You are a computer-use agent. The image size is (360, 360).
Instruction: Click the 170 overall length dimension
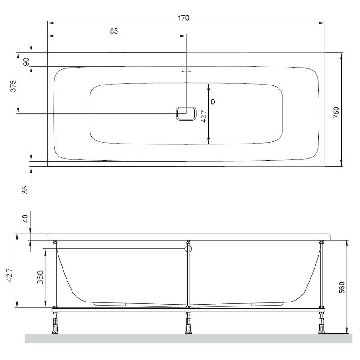pos(184,18)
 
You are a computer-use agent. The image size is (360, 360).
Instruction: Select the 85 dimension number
pos(114,31)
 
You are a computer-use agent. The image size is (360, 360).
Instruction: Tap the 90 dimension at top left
pos(27,62)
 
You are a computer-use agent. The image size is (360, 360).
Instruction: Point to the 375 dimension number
pos(13,86)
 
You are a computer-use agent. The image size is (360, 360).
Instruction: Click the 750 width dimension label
pos(336,112)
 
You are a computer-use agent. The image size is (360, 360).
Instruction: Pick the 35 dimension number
pos(25,190)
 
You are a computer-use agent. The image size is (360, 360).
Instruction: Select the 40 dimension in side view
pos(25,218)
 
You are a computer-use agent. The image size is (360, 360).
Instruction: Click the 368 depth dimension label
pos(40,277)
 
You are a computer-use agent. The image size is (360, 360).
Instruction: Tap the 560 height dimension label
pos(342,288)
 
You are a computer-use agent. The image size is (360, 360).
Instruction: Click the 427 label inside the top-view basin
pos(204,117)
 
